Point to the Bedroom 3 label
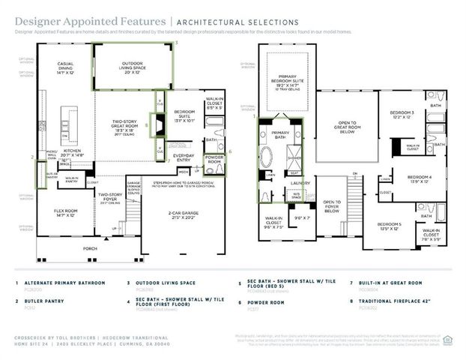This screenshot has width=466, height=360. [x=402, y=115]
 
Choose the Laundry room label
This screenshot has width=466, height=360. [x=302, y=182]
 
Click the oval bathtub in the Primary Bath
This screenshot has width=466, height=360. [x=266, y=160]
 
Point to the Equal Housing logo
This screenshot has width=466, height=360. [x=448, y=340]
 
